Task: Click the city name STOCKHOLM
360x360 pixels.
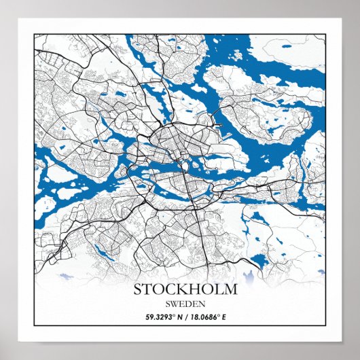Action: pos(185,289)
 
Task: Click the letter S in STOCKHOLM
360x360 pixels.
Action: pos(138,289)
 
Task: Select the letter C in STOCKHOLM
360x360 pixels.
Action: pos(173,289)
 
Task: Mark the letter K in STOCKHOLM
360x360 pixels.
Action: pos(185,289)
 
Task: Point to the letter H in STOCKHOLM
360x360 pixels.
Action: pos(198,289)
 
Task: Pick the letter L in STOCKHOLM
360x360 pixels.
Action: pos(221,289)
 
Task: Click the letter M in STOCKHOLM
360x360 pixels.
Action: pos(232,289)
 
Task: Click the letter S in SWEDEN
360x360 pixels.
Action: pos(167,304)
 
